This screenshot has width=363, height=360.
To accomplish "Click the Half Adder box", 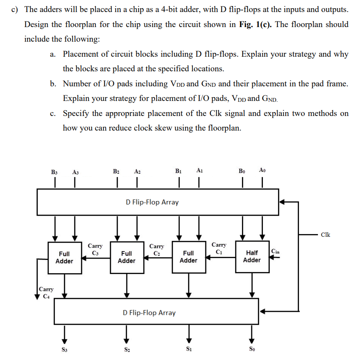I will (x=251, y=256).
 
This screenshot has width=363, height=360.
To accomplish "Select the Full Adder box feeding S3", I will (x=64, y=257).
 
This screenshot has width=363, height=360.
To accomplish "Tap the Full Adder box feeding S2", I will (x=126, y=257).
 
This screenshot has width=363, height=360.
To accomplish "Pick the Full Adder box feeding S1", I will (x=188, y=257).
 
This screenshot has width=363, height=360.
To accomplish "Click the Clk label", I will (x=325, y=235).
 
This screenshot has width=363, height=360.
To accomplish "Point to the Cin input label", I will (x=275, y=251).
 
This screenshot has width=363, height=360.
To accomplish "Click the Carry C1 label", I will (x=218, y=248).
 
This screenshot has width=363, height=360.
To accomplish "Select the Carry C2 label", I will (x=156, y=249).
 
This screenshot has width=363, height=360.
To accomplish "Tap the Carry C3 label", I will (x=95, y=249).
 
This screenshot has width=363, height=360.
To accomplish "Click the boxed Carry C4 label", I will (x=46, y=293).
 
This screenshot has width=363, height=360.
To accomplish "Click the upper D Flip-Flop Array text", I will (x=152, y=202).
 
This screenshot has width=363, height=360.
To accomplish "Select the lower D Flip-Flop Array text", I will (x=149, y=312).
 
